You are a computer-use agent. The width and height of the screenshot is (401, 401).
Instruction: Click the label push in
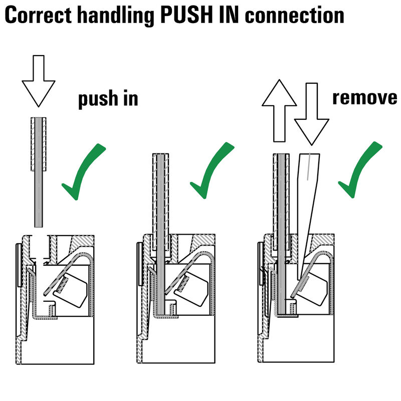[107, 99]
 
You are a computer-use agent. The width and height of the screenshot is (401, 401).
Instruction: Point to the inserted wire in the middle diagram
[161, 226]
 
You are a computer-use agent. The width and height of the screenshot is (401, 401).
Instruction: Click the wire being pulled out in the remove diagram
[282, 226]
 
